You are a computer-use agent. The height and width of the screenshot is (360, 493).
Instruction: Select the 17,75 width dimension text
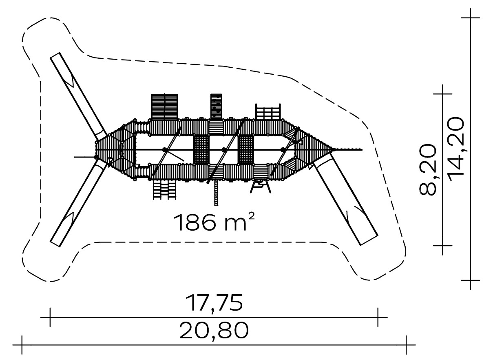[214, 303]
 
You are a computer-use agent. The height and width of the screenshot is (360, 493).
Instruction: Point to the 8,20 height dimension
[428, 170]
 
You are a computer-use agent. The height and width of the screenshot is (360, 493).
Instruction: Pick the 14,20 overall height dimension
[455, 149]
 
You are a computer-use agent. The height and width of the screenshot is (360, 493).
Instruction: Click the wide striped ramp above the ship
[164, 107]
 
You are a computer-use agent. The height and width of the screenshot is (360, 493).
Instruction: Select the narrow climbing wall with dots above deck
[216, 107]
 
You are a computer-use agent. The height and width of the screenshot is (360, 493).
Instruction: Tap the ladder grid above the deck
[268, 112]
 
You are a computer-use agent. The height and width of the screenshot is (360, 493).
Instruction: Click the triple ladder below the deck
[164, 190]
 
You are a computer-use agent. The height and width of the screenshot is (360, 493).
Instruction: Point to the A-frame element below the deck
[261, 186]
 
